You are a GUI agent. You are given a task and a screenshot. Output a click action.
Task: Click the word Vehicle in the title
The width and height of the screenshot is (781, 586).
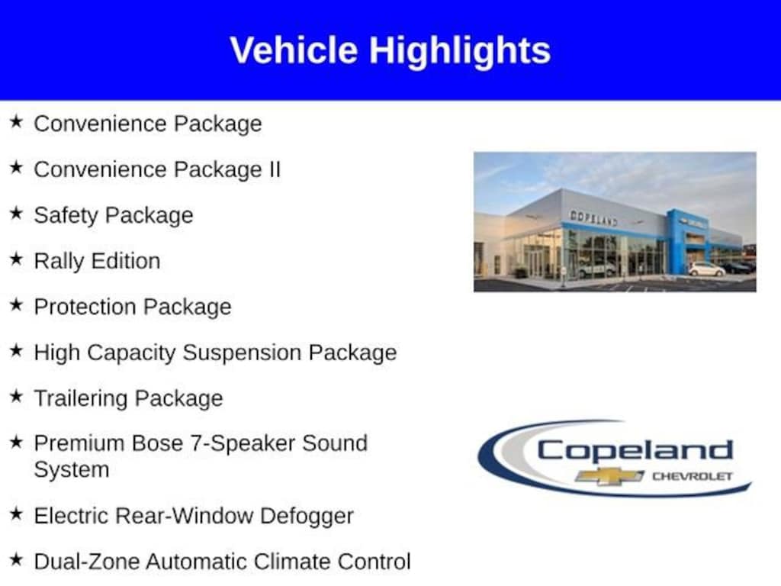(x=294, y=50)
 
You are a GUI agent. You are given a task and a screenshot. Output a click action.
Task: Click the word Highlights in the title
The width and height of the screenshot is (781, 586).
(x=460, y=51)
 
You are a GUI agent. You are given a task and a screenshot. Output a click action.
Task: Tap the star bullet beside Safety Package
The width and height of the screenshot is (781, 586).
(x=17, y=213)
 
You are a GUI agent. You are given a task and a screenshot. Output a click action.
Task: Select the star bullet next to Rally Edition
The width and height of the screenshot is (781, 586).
(x=17, y=259)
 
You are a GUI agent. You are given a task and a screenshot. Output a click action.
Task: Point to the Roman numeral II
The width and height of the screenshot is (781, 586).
(x=275, y=169)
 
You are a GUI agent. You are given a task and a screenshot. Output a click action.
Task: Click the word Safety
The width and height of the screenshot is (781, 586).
(x=66, y=216)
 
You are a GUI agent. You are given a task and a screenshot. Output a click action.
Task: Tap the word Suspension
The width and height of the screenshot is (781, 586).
(x=242, y=353)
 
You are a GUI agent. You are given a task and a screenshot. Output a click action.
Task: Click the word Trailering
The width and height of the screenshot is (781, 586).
(x=81, y=399)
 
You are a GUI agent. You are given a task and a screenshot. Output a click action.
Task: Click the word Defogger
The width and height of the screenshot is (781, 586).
(x=307, y=517)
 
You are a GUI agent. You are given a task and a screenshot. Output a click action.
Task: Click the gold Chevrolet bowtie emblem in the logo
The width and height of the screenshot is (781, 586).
(x=609, y=476)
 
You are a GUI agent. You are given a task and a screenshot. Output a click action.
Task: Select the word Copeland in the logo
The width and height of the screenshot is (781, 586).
(x=635, y=452)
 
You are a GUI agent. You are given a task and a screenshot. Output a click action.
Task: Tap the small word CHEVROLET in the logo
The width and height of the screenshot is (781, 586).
(x=693, y=476)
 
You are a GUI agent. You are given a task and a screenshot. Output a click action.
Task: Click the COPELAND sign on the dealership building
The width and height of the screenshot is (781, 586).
(x=593, y=217)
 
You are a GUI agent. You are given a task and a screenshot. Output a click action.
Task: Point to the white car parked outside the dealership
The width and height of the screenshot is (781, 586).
(x=706, y=269)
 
